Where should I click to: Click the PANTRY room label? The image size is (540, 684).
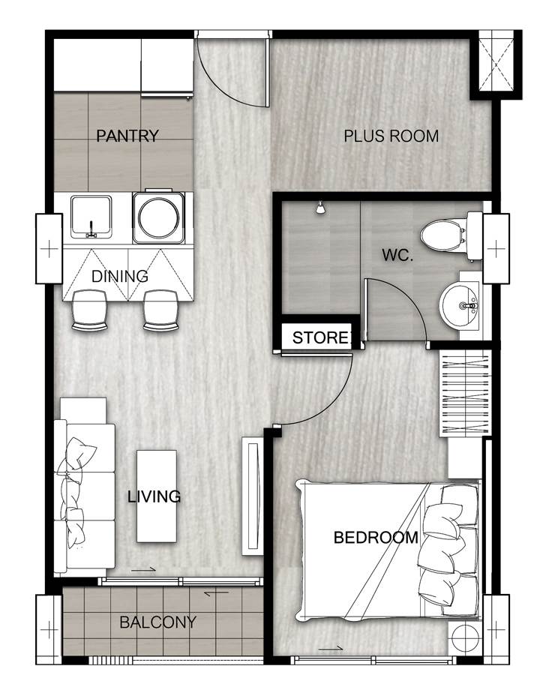[127, 136]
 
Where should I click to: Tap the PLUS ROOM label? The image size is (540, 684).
[391, 136]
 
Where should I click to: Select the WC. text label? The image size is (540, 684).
[397, 255]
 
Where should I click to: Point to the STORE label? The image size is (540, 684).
[321, 337]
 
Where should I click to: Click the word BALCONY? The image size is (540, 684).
[158, 622]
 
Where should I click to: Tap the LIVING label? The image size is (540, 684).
[154, 496]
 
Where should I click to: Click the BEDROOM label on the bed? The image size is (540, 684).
[376, 538]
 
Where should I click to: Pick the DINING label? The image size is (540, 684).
[119, 276]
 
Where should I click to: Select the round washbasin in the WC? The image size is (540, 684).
[459, 304]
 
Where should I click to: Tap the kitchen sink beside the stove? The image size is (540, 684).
[91, 217]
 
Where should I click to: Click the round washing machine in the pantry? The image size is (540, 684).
[158, 217]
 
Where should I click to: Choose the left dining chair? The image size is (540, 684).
[90, 310]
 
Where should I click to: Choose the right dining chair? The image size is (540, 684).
[161, 310]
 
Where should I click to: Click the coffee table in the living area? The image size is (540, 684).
[157, 496]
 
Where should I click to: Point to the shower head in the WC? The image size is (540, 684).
[320, 208]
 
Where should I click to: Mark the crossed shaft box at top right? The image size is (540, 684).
[496, 64]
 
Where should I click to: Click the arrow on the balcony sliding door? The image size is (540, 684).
[216, 593]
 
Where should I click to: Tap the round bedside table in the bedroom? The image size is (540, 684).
[466, 638]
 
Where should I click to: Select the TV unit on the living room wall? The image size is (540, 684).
[253, 496]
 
